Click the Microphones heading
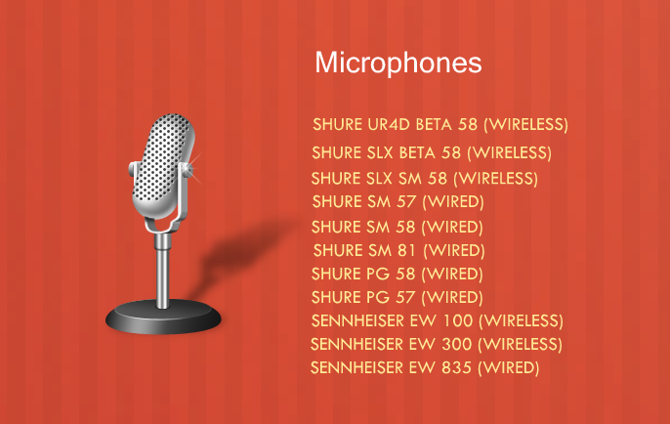[x=398, y=64]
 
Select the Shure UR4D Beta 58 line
[x=440, y=124]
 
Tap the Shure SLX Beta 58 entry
[x=432, y=152]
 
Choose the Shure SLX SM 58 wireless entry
[x=424, y=178]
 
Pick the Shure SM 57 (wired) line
[x=398, y=201]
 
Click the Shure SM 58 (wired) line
[x=397, y=227]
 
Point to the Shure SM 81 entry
[x=399, y=250]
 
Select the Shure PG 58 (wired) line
[x=397, y=274]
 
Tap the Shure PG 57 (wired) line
[x=397, y=297]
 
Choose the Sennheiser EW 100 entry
[x=438, y=320]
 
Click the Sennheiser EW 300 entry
[x=437, y=344]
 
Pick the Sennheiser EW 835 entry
[x=425, y=367]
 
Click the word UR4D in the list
[x=389, y=124]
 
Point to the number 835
[x=456, y=367]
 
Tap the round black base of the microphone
[x=163, y=318]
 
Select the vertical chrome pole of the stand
[x=162, y=270]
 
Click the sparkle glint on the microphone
[x=190, y=168]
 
